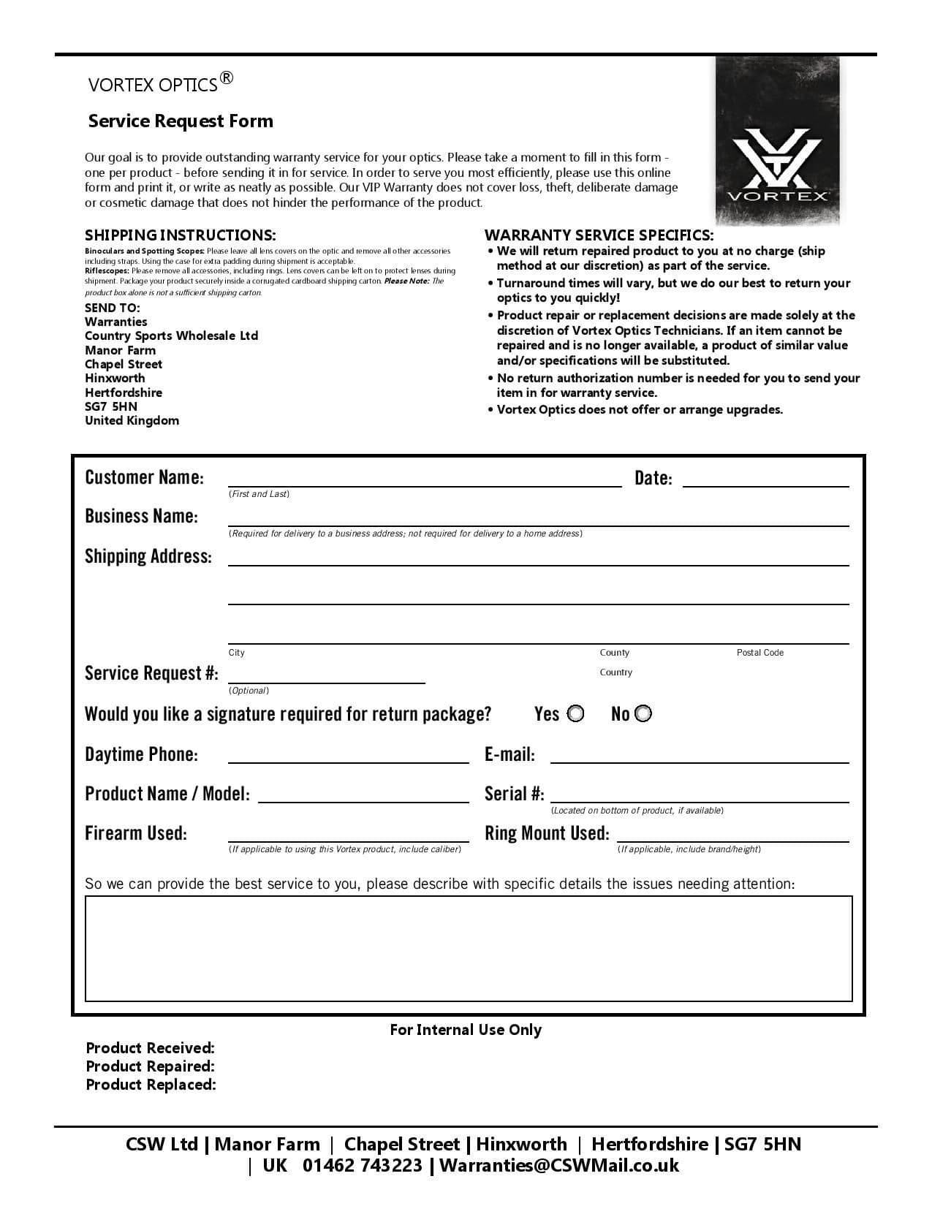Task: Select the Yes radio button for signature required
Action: pos(576,713)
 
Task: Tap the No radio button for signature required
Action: pos(643,713)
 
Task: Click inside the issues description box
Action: pos(469,948)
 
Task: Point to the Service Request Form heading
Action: pos(181,121)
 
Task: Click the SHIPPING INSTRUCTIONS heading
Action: pos(181,235)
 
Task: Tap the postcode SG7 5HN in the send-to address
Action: pos(111,406)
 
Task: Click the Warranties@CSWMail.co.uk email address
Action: pos(559,1166)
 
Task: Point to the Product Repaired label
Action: pos(150,1066)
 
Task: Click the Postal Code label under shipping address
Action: pos(759,653)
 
